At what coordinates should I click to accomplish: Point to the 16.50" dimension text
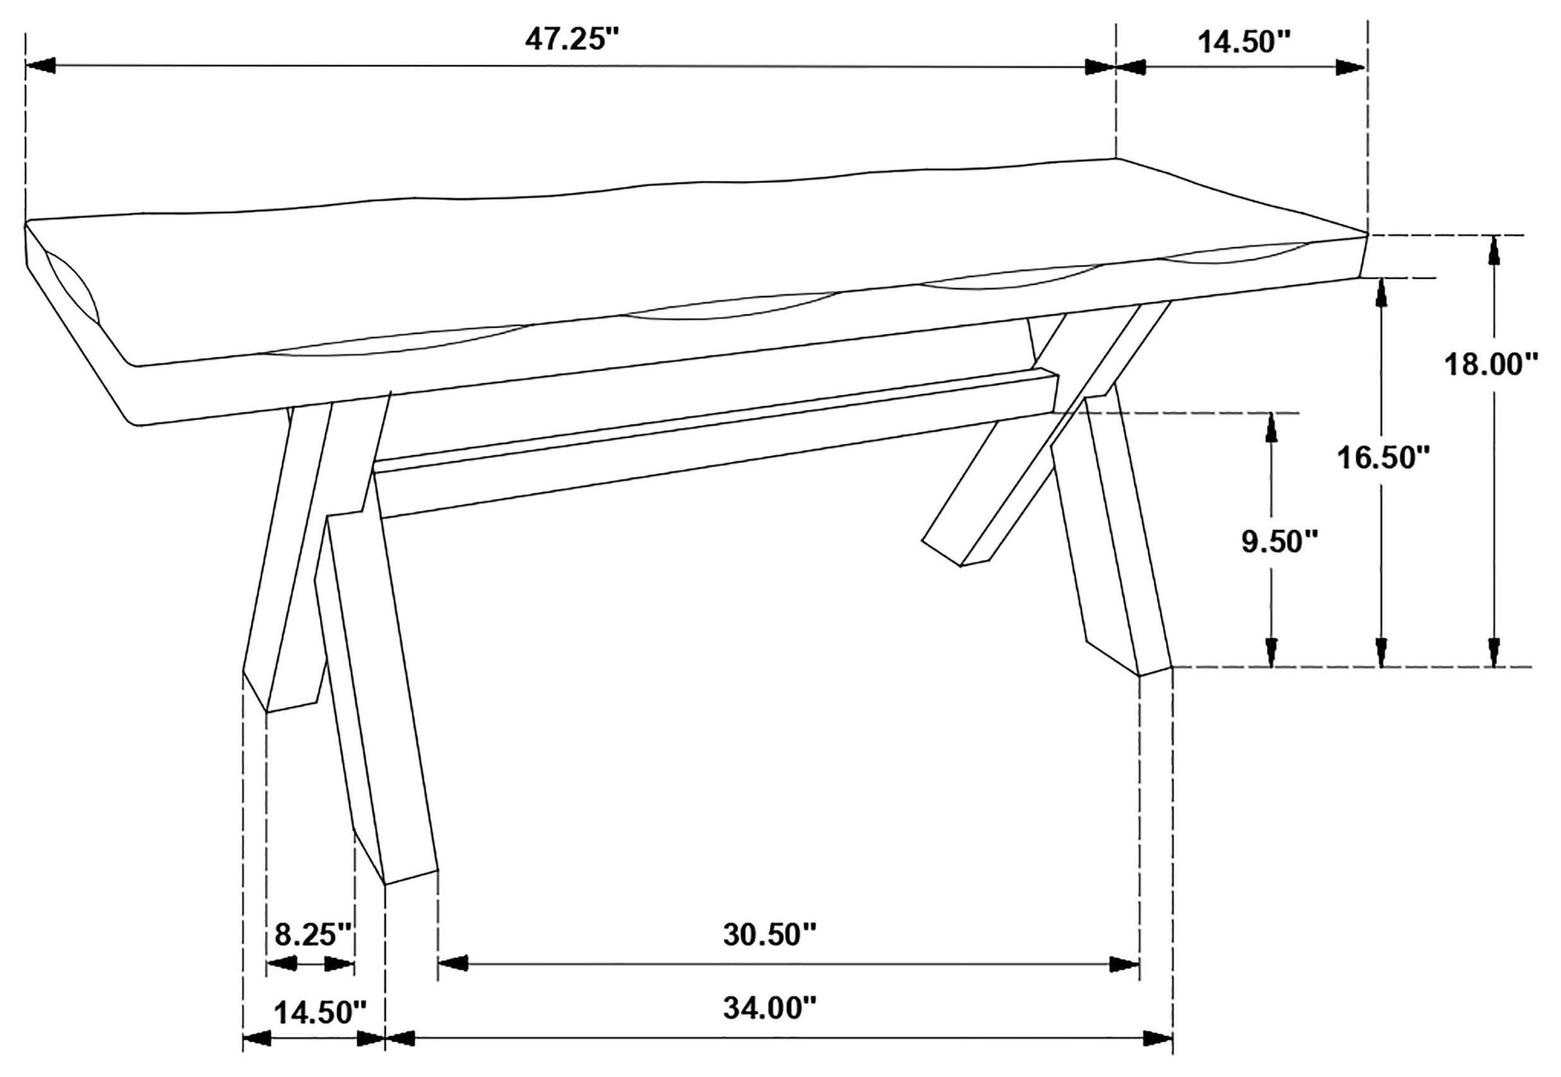pos(1383,458)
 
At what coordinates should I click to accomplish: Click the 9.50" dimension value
pos(1279,541)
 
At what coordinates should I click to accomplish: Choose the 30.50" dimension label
pos(769,935)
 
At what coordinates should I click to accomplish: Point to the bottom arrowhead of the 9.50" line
pos(1272,651)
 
